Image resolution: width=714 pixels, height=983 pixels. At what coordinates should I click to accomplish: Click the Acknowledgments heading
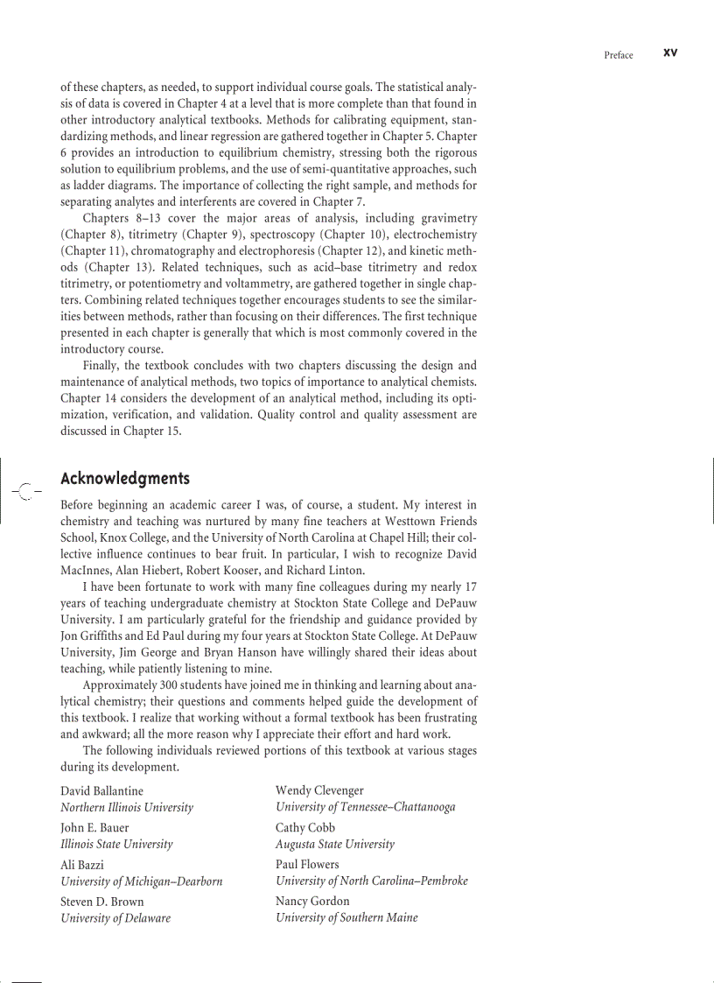click(125, 478)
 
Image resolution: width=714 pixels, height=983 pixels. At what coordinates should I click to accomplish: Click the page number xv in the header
click(670, 53)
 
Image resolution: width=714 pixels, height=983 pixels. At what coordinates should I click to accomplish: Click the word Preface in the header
click(618, 55)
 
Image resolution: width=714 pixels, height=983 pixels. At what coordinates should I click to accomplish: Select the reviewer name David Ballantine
click(101, 790)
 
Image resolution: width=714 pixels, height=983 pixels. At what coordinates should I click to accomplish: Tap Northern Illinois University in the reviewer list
click(127, 807)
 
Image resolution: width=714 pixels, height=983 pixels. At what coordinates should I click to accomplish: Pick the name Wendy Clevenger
click(319, 790)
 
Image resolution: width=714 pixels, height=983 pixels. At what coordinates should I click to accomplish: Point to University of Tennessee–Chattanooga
click(365, 807)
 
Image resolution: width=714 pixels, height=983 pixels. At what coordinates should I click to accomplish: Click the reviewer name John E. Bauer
click(94, 827)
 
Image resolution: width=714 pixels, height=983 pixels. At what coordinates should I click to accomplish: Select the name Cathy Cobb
click(305, 827)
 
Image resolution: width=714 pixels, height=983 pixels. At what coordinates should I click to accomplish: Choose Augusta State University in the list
click(335, 844)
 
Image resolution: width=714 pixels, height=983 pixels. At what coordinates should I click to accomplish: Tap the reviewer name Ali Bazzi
click(82, 864)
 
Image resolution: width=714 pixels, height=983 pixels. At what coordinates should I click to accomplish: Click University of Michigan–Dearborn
click(141, 881)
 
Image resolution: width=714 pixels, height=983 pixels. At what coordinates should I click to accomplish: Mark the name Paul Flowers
click(307, 864)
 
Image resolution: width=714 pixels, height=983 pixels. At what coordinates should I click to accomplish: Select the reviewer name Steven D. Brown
click(102, 901)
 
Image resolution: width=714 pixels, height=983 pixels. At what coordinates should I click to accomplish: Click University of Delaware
click(115, 917)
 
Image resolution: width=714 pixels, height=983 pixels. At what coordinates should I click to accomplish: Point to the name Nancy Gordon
click(312, 901)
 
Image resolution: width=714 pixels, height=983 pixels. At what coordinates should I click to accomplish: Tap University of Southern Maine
click(346, 917)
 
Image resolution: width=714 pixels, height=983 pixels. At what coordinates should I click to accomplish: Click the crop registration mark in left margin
click(26, 492)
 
